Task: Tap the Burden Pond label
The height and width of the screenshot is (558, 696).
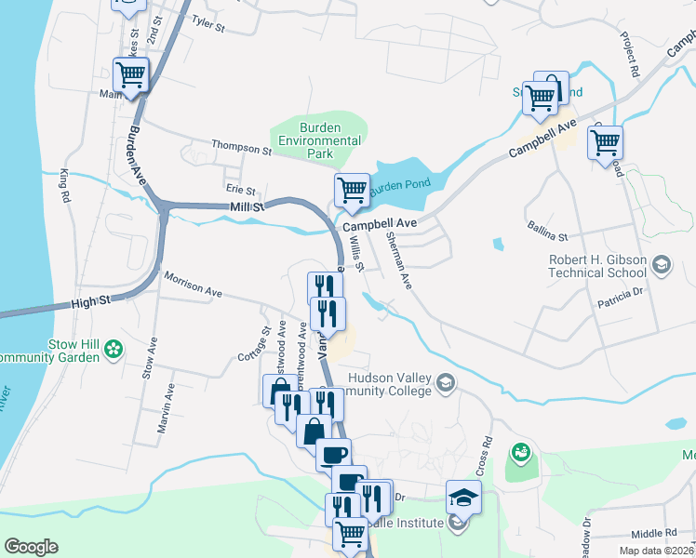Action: coord(400,184)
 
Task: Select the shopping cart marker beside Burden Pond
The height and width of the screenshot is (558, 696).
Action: coord(352,191)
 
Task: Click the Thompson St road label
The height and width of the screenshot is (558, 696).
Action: coord(241,147)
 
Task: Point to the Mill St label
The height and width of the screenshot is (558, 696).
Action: coord(247,206)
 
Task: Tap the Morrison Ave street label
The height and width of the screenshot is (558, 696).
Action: coord(194,285)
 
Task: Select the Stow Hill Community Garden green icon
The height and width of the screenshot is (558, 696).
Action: coord(114,350)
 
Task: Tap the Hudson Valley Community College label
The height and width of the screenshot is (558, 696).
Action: coord(391,384)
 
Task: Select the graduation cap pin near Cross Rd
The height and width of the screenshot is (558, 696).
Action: coord(463,498)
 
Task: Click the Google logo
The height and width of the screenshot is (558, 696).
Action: coord(31,547)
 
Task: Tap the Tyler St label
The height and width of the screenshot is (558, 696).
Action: coord(208,23)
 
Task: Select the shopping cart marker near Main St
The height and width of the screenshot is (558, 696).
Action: coord(131,75)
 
